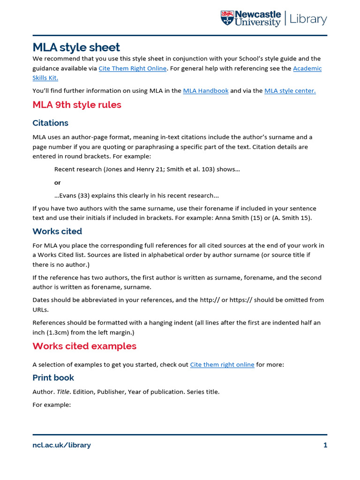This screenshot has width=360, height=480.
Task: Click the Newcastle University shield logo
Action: [x=227, y=18]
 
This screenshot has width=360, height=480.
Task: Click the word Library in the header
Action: [x=308, y=19]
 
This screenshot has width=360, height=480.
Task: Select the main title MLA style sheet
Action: [x=76, y=47]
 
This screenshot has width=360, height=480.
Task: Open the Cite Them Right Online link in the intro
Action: [x=132, y=68]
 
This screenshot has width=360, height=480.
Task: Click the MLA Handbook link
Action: [x=205, y=91]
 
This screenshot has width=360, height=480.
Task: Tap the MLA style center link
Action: [x=290, y=91]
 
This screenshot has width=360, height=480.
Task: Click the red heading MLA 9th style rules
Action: [x=77, y=105]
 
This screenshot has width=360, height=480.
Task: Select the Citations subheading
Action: [x=50, y=123]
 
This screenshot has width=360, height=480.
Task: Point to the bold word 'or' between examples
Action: [x=57, y=182]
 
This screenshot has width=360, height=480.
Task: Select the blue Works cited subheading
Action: [x=57, y=231]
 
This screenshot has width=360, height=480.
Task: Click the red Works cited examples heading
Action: [x=84, y=346]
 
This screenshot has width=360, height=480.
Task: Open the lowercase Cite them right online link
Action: [x=222, y=365]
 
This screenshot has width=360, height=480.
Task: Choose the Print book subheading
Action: [x=53, y=378]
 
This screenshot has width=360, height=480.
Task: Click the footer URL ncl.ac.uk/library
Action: [x=61, y=445]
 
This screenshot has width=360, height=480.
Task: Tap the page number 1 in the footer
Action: [x=325, y=445]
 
